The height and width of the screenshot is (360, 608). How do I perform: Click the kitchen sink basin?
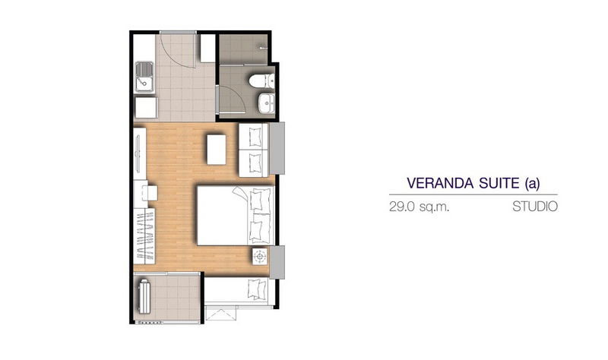(144, 77)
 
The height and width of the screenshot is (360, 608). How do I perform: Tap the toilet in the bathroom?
(261, 81)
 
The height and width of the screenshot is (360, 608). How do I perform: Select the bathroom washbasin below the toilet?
(267, 103)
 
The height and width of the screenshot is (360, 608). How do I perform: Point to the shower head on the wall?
(264, 48)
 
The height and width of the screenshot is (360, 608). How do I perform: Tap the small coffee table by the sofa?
(217, 149)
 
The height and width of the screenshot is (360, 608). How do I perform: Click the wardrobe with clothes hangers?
(144, 236)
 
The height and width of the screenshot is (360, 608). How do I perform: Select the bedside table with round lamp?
(260, 256)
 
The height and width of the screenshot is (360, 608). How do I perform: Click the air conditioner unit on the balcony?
(144, 296)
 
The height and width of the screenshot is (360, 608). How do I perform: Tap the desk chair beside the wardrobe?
(150, 193)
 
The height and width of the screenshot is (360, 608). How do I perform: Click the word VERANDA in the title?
(442, 183)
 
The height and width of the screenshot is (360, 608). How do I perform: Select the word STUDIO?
(535, 207)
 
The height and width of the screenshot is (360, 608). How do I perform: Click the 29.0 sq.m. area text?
(420, 207)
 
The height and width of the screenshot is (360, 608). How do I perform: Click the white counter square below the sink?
(146, 107)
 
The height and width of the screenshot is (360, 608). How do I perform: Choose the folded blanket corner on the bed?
(239, 193)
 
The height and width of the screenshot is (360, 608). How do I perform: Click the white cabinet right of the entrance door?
(207, 48)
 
